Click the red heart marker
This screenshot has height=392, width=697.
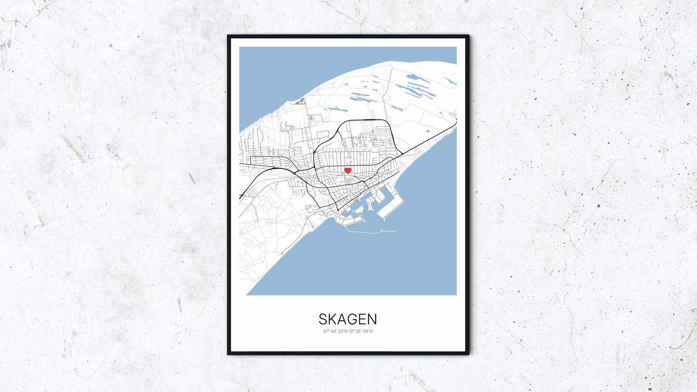tap(348, 171)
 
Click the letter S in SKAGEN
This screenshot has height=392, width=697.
tap(323, 319)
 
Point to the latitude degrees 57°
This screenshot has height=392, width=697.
tap(326, 331)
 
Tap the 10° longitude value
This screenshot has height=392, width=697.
tap(352, 331)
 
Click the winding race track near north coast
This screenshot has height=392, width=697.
tap(300, 102)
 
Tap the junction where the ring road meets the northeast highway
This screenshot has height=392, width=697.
tap(402, 154)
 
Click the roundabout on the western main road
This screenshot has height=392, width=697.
tap(295, 173)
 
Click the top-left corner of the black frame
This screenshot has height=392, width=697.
tap(228, 36)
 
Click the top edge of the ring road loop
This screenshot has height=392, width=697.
tap(363, 120)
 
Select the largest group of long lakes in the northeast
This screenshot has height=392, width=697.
tap(417, 89)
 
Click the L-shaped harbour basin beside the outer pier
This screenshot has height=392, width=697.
tap(378, 203)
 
